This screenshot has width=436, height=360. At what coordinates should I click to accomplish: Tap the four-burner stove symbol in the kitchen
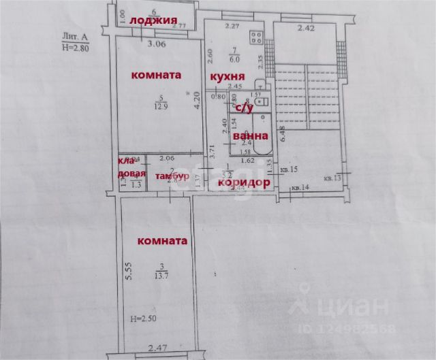pyautogui.click(x=256, y=38)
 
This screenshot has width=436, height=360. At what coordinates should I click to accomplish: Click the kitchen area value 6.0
pyautogui.click(x=235, y=58)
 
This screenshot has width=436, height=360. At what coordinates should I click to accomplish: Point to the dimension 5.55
pyautogui.click(x=127, y=274)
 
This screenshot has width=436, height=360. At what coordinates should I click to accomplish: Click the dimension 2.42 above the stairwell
pyautogui.click(x=307, y=29)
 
